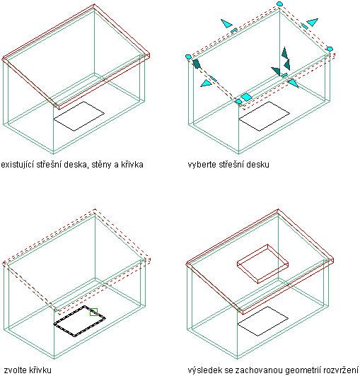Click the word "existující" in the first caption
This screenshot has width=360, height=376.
pos(18,165)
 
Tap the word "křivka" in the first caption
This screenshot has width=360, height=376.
pos(132,165)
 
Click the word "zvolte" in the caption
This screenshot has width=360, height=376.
pos(15,370)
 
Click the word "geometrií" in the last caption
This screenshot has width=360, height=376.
pos(303,370)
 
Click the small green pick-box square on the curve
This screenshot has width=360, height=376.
pos(93,312)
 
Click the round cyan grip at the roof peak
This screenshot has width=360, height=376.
pos(279,4)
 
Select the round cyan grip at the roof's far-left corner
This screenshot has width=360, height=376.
pos(188,57)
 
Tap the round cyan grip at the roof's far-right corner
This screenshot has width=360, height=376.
pos(330,49)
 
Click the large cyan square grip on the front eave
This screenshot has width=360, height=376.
pos(246,97)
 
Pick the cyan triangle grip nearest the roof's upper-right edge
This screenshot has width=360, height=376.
pos(312,22)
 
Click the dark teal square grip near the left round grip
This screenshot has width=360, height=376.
pos(196,64)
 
